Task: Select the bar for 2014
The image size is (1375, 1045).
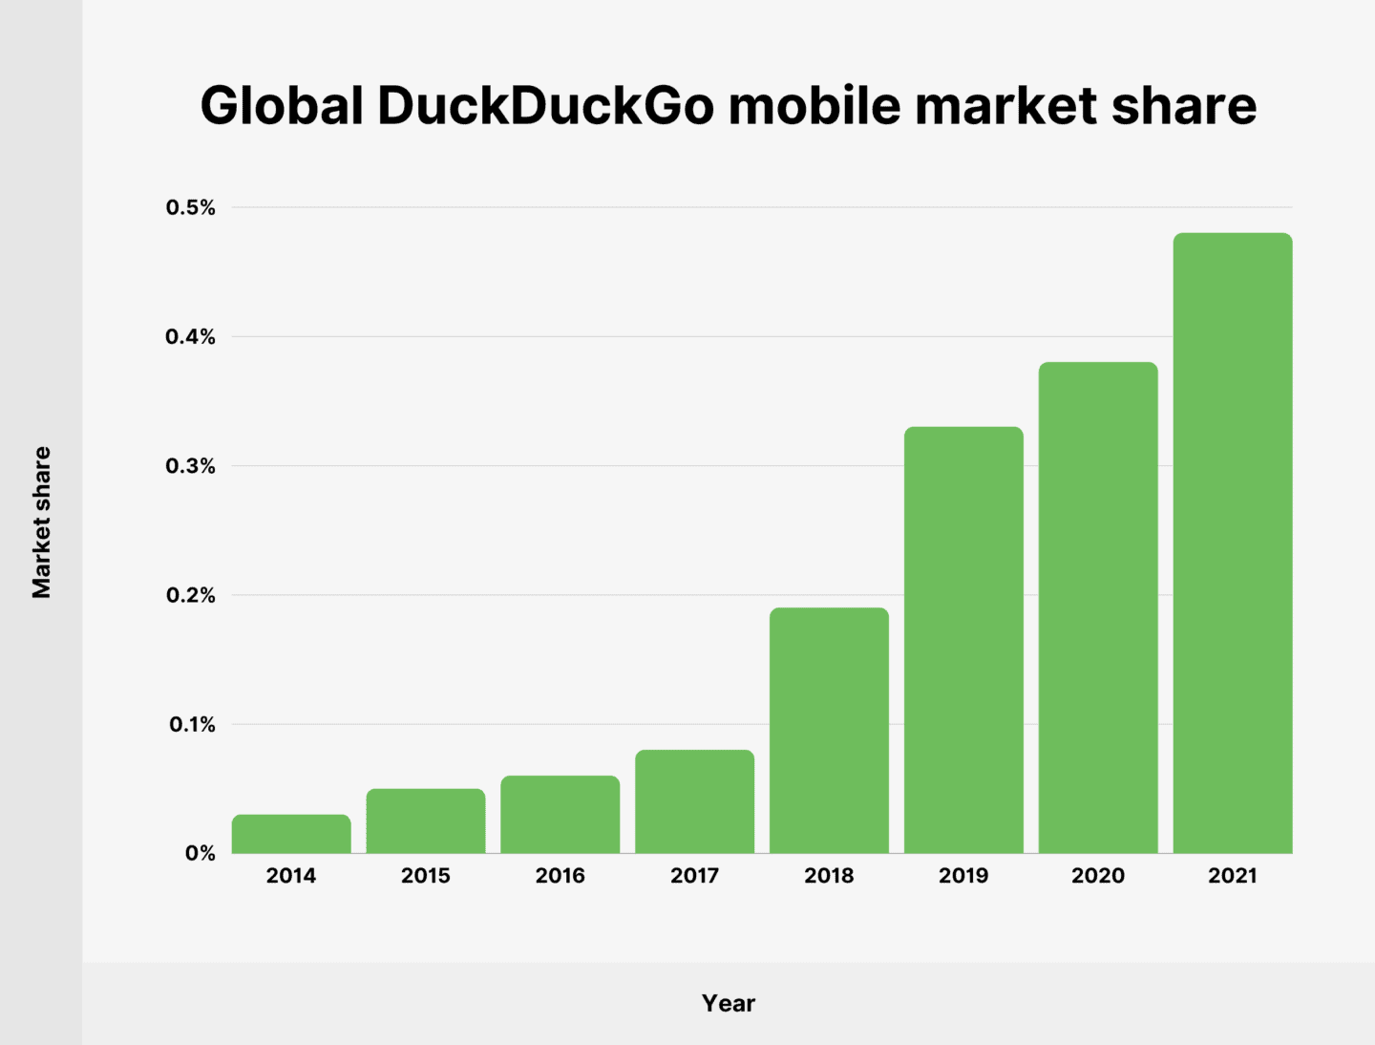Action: pos(291,834)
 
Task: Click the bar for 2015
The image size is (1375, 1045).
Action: pos(426,821)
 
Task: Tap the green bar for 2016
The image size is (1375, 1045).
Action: pos(561,814)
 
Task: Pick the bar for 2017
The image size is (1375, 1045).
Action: pos(694,801)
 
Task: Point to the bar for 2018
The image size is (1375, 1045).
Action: pos(829,730)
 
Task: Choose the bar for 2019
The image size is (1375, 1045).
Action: pos(963,640)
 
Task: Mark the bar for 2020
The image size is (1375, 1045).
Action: pos(1098,608)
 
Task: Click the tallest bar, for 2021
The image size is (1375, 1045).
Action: pos(1233,543)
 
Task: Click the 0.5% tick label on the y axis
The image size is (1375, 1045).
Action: pos(191,207)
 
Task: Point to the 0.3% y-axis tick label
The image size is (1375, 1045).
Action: pos(191,466)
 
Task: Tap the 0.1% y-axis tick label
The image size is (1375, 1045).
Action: pos(192,725)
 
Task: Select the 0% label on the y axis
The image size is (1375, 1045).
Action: pos(201,853)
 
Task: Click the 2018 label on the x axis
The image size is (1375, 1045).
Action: pos(829,875)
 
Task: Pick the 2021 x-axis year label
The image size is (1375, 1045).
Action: pos(1233,875)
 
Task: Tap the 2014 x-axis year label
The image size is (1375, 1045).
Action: pos(291,875)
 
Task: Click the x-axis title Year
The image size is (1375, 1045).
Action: pos(729,1003)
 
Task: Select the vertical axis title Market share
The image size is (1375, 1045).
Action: pos(41,522)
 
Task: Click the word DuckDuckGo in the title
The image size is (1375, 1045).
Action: pos(545,105)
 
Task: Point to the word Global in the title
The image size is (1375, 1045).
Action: pos(282,105)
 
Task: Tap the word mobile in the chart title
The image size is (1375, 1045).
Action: pos(814,105)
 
